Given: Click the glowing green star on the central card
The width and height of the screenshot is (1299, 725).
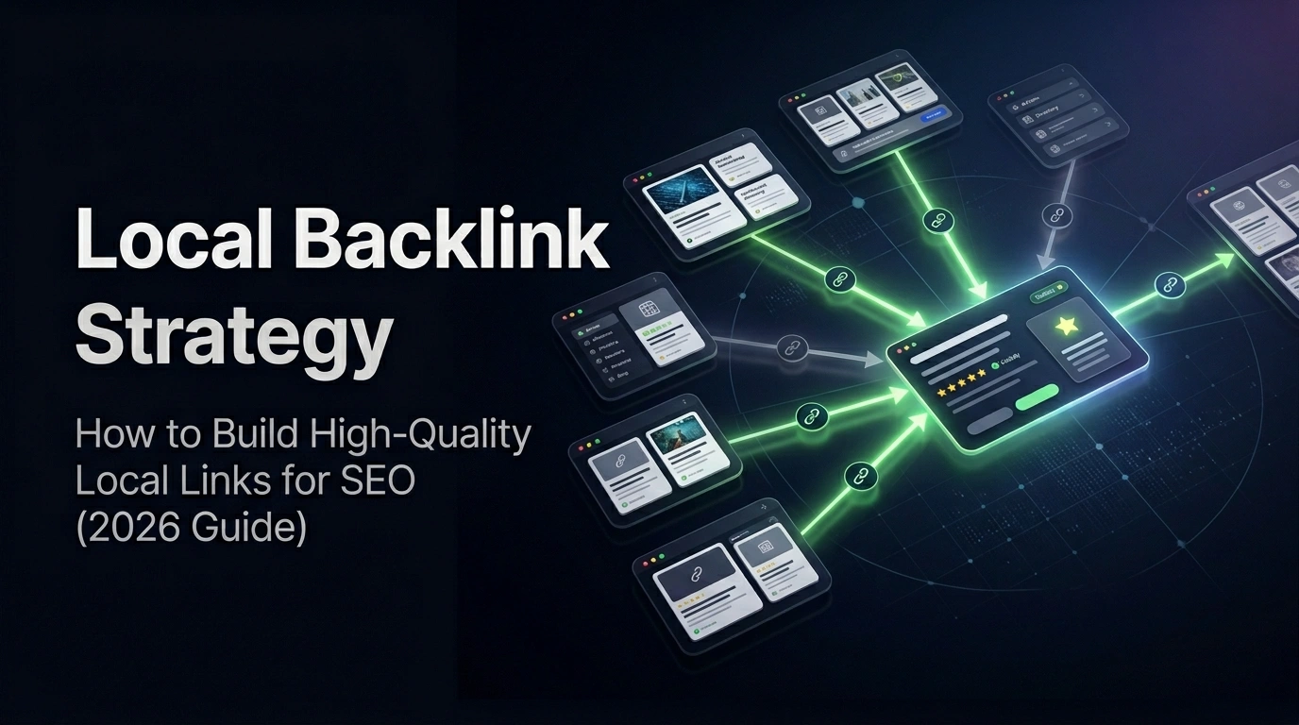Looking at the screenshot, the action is click(1067, 326).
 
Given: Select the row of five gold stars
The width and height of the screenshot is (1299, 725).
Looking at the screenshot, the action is click(960, 374).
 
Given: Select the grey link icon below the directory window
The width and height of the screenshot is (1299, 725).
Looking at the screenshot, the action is click(1057, 215).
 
